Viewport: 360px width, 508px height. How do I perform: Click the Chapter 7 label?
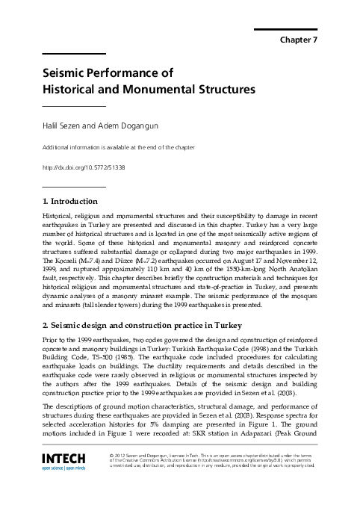(300, 40)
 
